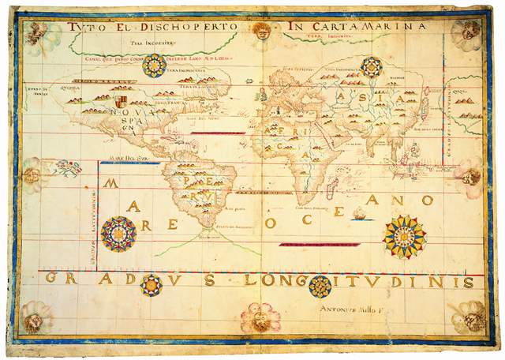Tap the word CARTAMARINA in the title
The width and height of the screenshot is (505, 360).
tap(367, 27)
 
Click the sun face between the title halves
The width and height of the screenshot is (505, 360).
tap(262, 30)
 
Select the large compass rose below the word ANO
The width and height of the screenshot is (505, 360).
tap(405, 237)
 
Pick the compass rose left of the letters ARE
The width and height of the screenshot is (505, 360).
tap(118, 234)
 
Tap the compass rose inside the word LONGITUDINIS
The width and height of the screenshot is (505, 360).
tap(320, 286)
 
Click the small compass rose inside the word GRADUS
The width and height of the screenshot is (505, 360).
tap(151, 285)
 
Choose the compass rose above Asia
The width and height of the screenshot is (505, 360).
tap(370, 67)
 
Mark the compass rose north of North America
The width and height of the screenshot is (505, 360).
tap(154, 66)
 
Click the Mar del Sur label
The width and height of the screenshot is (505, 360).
tap(118, 158)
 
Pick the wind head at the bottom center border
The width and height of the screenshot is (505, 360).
tap(260, 318)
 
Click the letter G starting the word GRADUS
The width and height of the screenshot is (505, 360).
tap(50, 279)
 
